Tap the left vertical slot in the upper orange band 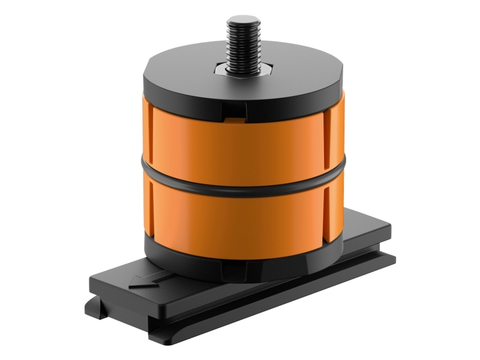tap(151, 135)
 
